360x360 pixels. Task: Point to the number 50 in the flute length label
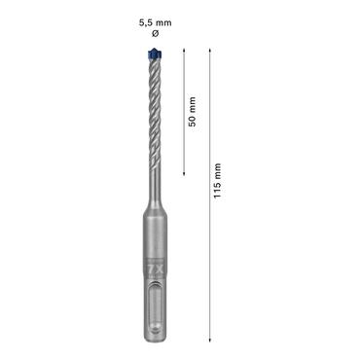pyautogui.click(x=193, y=122)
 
